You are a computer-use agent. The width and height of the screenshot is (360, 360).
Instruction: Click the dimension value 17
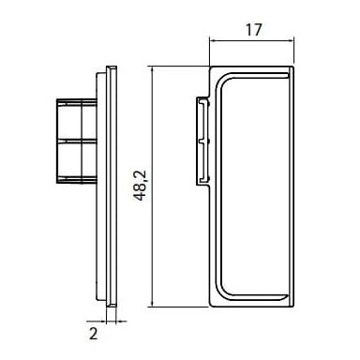(253, 30)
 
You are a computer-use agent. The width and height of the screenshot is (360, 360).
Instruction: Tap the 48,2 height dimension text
(140, 186)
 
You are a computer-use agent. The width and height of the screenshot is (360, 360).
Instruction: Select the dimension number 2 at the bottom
(93, 334)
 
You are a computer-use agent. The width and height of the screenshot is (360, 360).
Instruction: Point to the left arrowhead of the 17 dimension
(213, 40)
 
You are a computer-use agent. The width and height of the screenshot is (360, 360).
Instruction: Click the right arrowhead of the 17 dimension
(291, 40)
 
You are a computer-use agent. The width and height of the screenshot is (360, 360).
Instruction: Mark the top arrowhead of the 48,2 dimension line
(152, 69)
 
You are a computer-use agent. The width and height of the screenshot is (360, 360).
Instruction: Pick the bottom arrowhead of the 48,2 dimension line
(152, 303)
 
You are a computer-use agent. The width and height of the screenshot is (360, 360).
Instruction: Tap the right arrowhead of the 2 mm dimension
(120, 321)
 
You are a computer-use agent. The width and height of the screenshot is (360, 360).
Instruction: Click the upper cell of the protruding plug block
(77, 120)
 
